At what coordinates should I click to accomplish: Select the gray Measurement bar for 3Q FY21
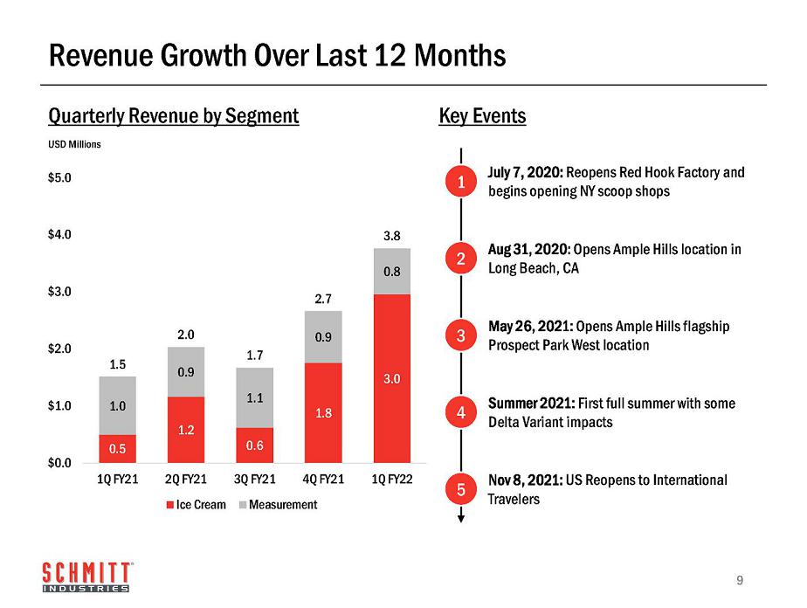[x=254, y=397]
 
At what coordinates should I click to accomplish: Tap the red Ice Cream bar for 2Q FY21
[x=186, y=430]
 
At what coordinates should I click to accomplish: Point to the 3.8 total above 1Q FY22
[x=391, y=236]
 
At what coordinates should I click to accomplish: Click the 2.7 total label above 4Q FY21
[x=323, y=299]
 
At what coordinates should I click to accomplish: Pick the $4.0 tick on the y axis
[x=59, y=234]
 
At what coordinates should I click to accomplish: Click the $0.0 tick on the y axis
[x=59, y=462]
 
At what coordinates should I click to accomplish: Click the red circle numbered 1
[x=461, y=182]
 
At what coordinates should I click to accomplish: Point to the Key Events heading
[x=482, y=116]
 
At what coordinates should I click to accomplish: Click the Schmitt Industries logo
[x=86, y=577]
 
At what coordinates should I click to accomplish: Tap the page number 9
[x=740, y=579]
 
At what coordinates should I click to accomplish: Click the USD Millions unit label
[x=74, y=144]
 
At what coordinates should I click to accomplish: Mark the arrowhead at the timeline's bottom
[x=461, y=518]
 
